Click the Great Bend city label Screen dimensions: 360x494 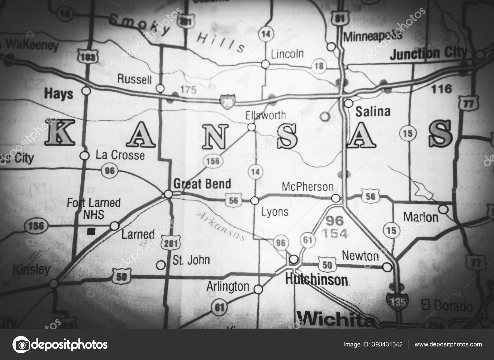click(202, 184)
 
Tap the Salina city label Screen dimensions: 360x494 click(373, 111)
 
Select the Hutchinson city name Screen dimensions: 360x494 click(316, 280)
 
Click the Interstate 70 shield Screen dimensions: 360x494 click(228, 101)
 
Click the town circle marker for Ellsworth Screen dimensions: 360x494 click(252, 127)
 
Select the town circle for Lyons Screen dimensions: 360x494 click(254, 201)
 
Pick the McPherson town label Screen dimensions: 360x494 click(308, 187)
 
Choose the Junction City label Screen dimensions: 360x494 click(428, 54)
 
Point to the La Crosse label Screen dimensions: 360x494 click(120, 155)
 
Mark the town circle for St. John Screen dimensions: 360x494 click(161, 265)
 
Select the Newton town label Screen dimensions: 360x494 click(360, 256)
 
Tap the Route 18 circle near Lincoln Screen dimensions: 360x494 click(319, 65)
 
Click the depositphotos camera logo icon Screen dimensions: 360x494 click(20, 344)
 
